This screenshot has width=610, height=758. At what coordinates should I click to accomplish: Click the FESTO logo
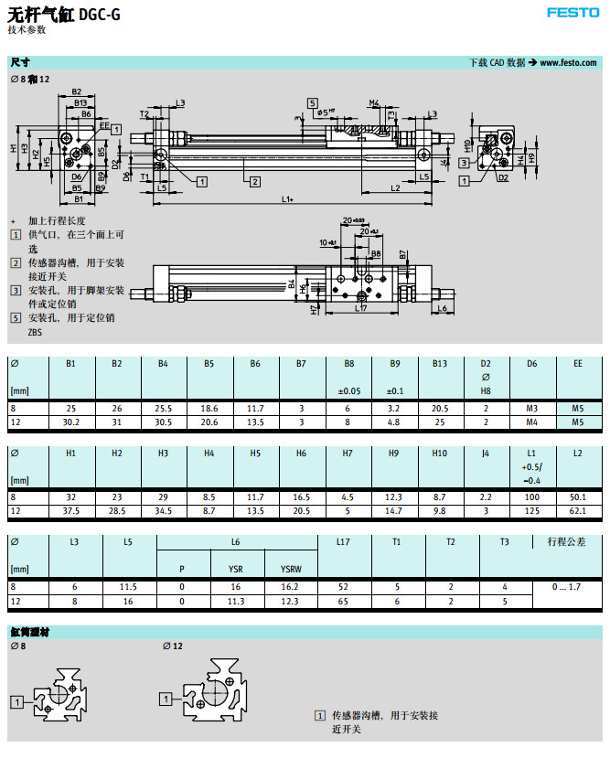[573, 13]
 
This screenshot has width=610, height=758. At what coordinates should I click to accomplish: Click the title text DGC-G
[99, 15]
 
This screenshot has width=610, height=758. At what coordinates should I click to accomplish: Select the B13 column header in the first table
[440, 364]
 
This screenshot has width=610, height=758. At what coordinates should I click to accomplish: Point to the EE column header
[577, 364]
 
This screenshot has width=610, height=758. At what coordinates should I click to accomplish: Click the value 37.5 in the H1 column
[70, 509]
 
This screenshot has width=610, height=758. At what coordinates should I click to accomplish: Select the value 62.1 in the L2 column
[577, 509]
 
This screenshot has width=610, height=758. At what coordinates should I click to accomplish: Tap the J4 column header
[486, 453]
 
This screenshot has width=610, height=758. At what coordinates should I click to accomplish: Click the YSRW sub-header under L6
[289, 568]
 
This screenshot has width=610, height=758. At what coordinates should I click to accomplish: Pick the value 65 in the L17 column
[343, 601]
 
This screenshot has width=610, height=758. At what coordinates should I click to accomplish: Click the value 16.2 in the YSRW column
[289, 586]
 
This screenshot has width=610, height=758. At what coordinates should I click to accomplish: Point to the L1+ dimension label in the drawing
[286, 198]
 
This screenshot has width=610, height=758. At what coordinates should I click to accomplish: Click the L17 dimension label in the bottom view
[359, 308]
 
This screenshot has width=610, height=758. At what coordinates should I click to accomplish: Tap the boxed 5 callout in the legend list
[16, 318]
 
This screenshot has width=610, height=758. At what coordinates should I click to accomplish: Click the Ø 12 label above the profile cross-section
[172, 646]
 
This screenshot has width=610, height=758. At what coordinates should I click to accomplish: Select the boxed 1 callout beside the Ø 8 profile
[16, 701]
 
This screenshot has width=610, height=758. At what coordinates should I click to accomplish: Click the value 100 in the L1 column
[531, 496]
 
